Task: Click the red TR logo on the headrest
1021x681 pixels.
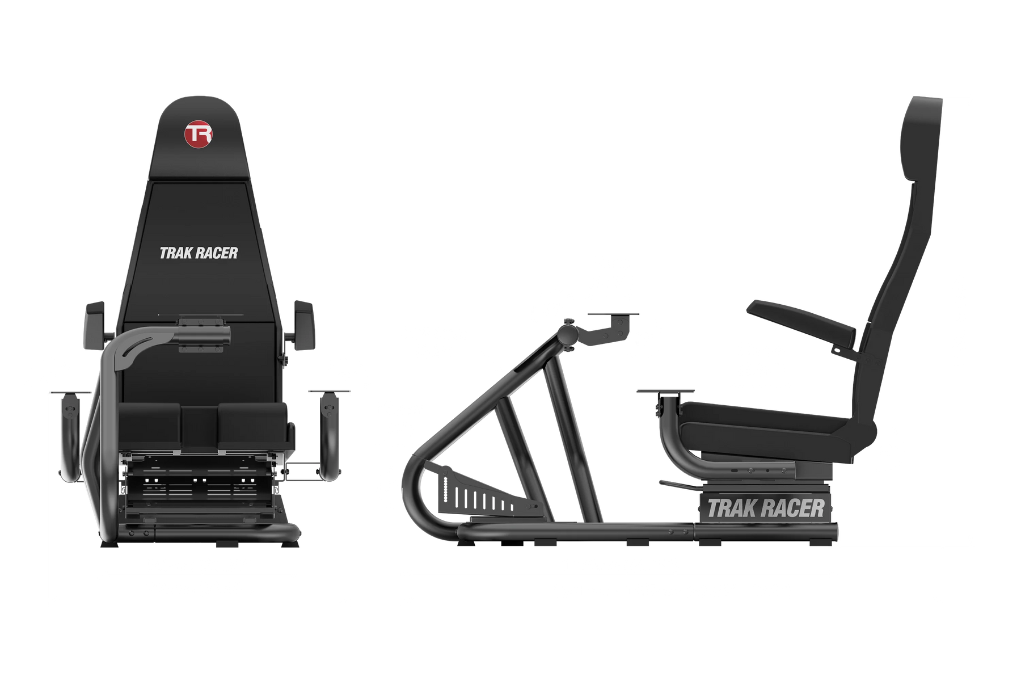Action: point(199,134)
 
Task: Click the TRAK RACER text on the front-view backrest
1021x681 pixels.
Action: point(199,253)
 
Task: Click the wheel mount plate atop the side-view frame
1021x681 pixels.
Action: point(613,314)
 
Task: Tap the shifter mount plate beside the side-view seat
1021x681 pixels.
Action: point(665,392)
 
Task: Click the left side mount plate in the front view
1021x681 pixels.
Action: point(71,392)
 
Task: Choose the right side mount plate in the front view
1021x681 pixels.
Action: point(329,392)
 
